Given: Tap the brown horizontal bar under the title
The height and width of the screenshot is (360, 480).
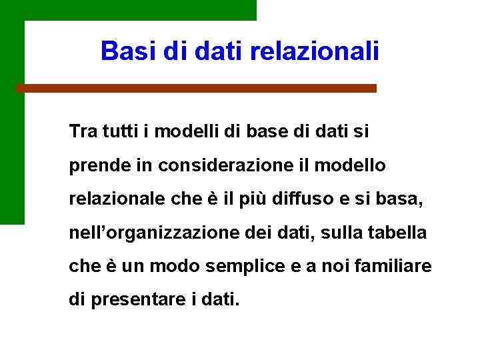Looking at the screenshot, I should coord(196,88).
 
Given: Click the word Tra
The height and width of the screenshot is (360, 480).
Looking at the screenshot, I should coord(83,131).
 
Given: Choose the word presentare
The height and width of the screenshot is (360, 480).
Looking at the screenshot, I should coord(133,299).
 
